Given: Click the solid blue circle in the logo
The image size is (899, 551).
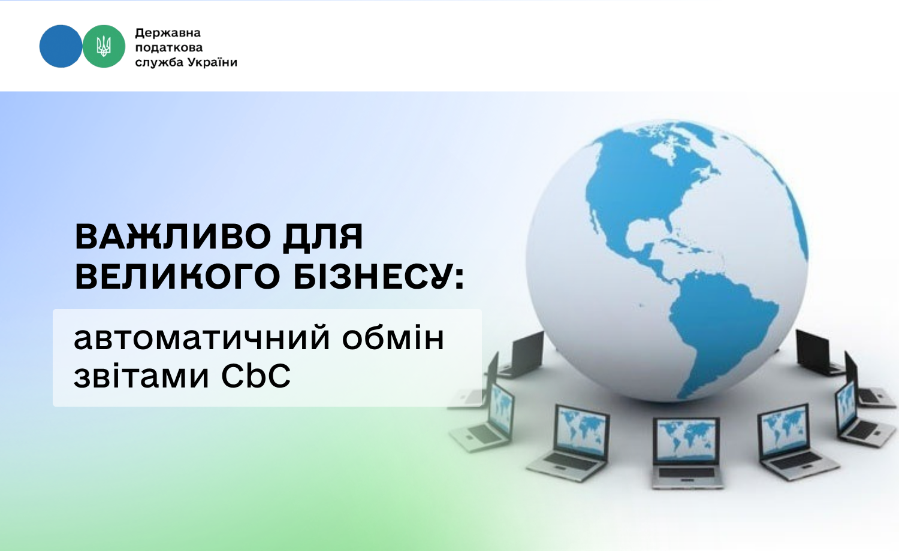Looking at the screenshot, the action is [x=61, y=46].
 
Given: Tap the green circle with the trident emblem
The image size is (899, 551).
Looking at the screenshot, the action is [x=104, y=46].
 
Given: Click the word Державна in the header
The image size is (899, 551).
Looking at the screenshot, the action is [x=168, y=33].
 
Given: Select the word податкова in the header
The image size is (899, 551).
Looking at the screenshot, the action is [x=169, y=48].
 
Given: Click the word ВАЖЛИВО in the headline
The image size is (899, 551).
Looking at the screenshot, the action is [x=173, y=237].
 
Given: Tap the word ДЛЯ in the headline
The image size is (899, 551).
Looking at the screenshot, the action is [x=323, y=237].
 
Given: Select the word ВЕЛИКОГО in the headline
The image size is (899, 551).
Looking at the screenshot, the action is [x=177, y=276].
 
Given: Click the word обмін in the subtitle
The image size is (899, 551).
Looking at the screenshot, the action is [x=393, y=338].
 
